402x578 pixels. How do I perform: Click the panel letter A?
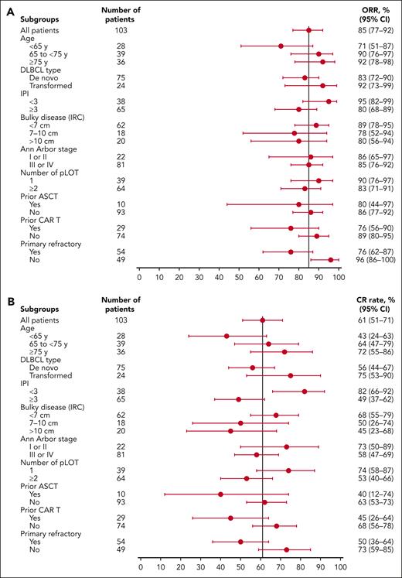(x=6, y=5)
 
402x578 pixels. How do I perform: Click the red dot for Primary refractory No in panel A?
(x=331, y=260)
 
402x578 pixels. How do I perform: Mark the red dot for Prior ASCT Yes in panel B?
(x=220, y=515)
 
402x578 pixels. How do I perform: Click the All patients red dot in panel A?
(x=308, y=30)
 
